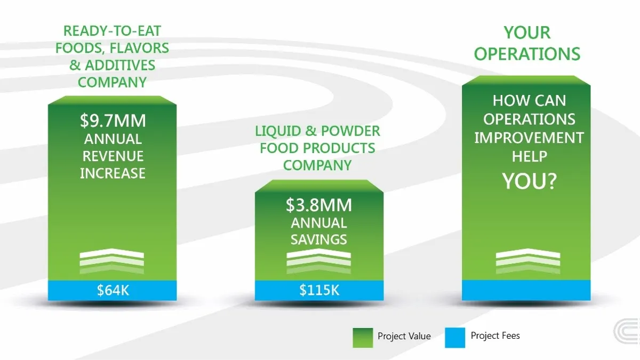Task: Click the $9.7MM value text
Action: (113, 121)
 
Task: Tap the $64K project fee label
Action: (113, 290)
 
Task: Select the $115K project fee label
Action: (319, 290)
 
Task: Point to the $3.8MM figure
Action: (319, 205)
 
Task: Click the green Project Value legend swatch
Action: (363, 338)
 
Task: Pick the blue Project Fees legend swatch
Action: (455, 338)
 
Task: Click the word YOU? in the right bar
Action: (530, 181)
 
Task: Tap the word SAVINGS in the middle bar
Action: (319, 239)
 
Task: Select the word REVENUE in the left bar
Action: (113, 156)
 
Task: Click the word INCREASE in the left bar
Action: (113, 173)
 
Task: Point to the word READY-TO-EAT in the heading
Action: (112, 31)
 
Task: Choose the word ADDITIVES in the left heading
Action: (120, 65)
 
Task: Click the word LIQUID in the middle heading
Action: (278, 131)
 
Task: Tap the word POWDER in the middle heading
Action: (350, 131)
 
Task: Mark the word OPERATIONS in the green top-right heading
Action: (527, 54)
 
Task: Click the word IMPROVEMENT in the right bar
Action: (529, 138)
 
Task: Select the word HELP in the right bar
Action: (530, 156)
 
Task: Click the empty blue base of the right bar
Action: (526, 290)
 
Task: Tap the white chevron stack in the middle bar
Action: (319, 261)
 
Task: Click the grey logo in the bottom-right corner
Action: (627, 331)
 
